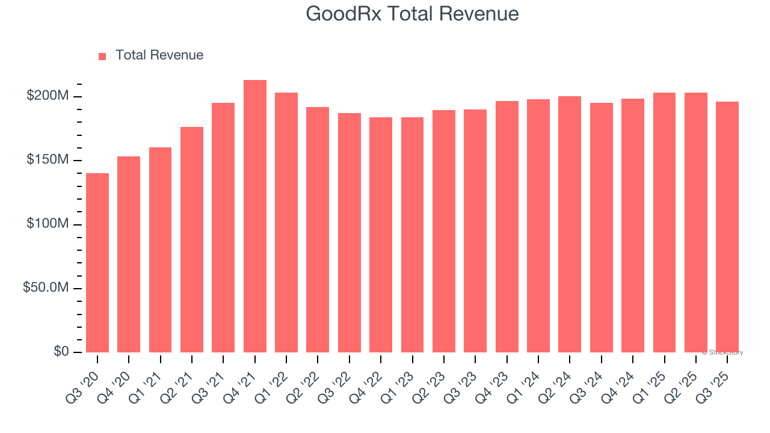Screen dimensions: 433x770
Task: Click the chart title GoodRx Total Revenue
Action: pyautogui.click(x=412, y=14)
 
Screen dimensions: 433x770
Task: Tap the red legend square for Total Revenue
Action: pyautogui.click(x=102, y=56)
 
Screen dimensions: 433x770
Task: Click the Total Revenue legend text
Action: pyautogui.click(x=159, y=55)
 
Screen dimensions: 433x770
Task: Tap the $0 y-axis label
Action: pyautogui.click(x=61, y=351)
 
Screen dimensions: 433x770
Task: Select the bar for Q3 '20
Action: pyautogui.click(x=97, y=263)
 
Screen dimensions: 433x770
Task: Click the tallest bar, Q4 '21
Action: pyautogui.click(x=255, y=216)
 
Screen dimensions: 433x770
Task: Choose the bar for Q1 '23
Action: pyautogui.click(x=412, y=235)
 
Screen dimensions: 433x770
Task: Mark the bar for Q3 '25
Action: pyautogui.click(x=727, y=227)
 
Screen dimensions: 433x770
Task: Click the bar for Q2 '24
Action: pyautogui.click(x=570, y=224)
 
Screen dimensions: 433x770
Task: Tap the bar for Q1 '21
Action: pyautogui.click(x=161, y=250)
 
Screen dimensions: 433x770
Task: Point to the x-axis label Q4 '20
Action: pyautogui.click(x=120, y=378)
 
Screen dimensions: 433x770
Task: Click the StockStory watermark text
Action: pyautogui.click(x=722, y=352)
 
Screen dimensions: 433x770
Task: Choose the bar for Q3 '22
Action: pyautogui.click(x=350, y=233)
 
